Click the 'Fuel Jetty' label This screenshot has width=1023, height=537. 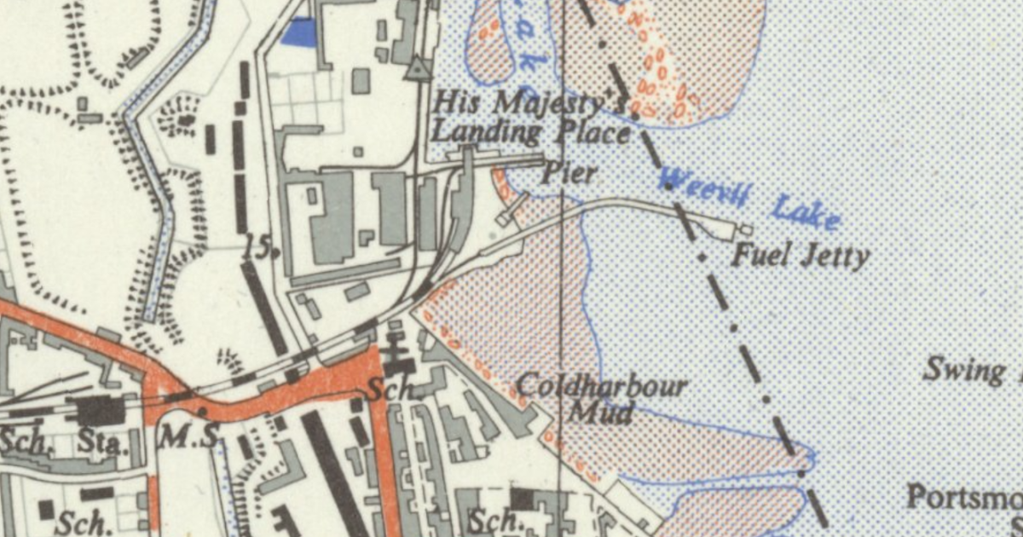click(801, 255)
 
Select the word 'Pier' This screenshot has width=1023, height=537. click(569, 174)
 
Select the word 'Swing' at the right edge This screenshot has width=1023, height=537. click(964, 371)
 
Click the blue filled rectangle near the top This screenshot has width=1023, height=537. click(298, 32)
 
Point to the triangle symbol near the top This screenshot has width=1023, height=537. click(417, 68)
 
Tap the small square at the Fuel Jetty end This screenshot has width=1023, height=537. click(746, 229)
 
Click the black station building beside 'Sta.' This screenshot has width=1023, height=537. click(101, 411)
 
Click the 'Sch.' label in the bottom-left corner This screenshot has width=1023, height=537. click(82, 523)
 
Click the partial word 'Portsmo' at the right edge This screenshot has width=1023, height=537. click(964, 496)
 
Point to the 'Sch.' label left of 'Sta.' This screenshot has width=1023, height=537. click(23, 442)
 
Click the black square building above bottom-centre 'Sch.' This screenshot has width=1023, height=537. click(523, 498)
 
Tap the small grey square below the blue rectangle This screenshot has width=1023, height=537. click(361, 81)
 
